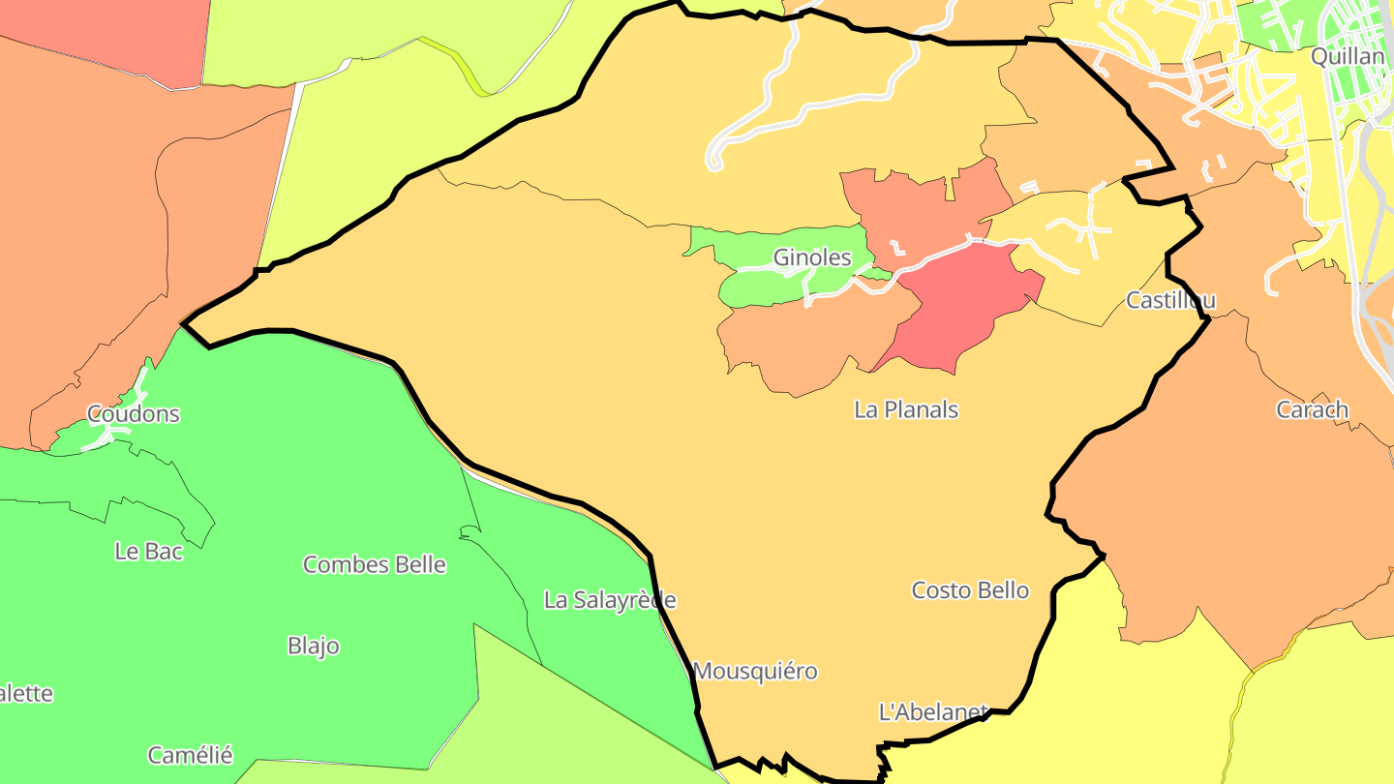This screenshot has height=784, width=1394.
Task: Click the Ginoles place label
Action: (x=811, y=257)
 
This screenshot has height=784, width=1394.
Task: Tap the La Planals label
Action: (x=906, y=409)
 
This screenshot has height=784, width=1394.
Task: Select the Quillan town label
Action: (x=1348, y=56)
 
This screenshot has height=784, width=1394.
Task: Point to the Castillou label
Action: (x=1170, y=300)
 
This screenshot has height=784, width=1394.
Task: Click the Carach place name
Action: (x=1312, y=409)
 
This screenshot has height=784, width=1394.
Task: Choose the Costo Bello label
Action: (x=970, y=590)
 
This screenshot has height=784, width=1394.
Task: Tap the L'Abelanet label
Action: (x=932, y=712)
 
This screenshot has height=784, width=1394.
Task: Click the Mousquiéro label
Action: (x=755, y=671)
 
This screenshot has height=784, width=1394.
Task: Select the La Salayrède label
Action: (x=610, y=600)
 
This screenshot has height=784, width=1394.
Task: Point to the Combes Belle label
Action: (x=375, y=564)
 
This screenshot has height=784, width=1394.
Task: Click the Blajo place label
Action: (x=314, y=646)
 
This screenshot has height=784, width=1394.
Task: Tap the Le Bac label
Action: (x=148, y=552)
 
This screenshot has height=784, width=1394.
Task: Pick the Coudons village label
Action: (x=134, y=414)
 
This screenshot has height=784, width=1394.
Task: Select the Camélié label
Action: (x=190, y=755)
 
